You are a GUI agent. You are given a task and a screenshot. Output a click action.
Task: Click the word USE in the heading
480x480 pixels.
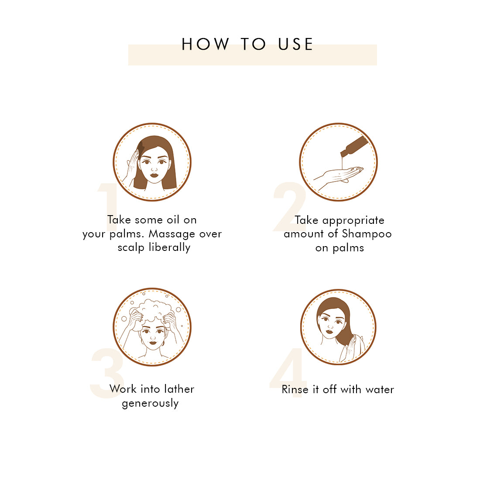click(x=295, y=44)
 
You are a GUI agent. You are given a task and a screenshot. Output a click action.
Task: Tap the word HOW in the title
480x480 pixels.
click(x=206, y=44)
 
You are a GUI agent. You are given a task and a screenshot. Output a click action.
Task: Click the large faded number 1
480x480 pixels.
click(x=108, y=207)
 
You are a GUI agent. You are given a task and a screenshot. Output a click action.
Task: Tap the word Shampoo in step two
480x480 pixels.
click(x=367, y=234)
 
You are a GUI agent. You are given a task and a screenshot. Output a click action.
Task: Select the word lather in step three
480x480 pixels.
click(x=179, y=389)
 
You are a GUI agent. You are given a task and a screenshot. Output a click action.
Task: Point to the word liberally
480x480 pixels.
click(x=170, y=247)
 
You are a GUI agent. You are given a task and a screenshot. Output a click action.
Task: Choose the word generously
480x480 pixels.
click(x=150, y=404)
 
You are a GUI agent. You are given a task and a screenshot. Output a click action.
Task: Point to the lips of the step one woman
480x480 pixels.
click(x=154, y=175)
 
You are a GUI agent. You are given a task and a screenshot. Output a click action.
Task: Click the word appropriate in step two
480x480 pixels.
click(x=353, y=221)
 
